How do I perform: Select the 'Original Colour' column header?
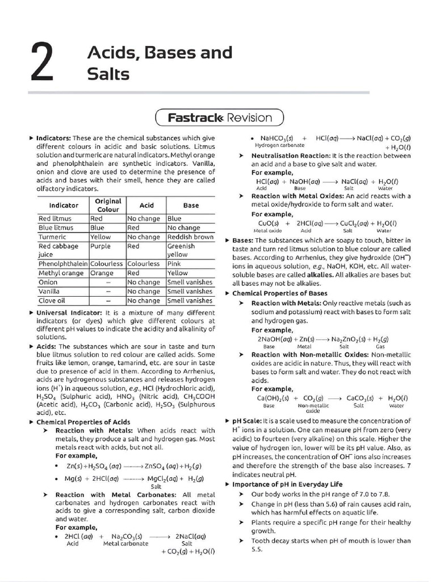tap(107, 205)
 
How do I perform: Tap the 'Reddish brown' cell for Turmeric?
tap(190, 237)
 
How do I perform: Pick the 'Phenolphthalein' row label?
tap(63, 264)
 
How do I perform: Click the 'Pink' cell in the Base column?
tap(174, 264)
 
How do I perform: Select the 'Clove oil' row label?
tap(52, 301)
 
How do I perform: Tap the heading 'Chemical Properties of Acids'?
tap(83, 422)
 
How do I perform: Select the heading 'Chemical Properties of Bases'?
tap(280, 293)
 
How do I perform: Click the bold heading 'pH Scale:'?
tap(248, 421)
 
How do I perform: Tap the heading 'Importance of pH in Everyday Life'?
tap(287, 484)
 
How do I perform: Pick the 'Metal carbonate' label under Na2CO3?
tap(125, 543)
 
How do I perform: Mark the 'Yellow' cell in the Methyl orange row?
tap(178, 273)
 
